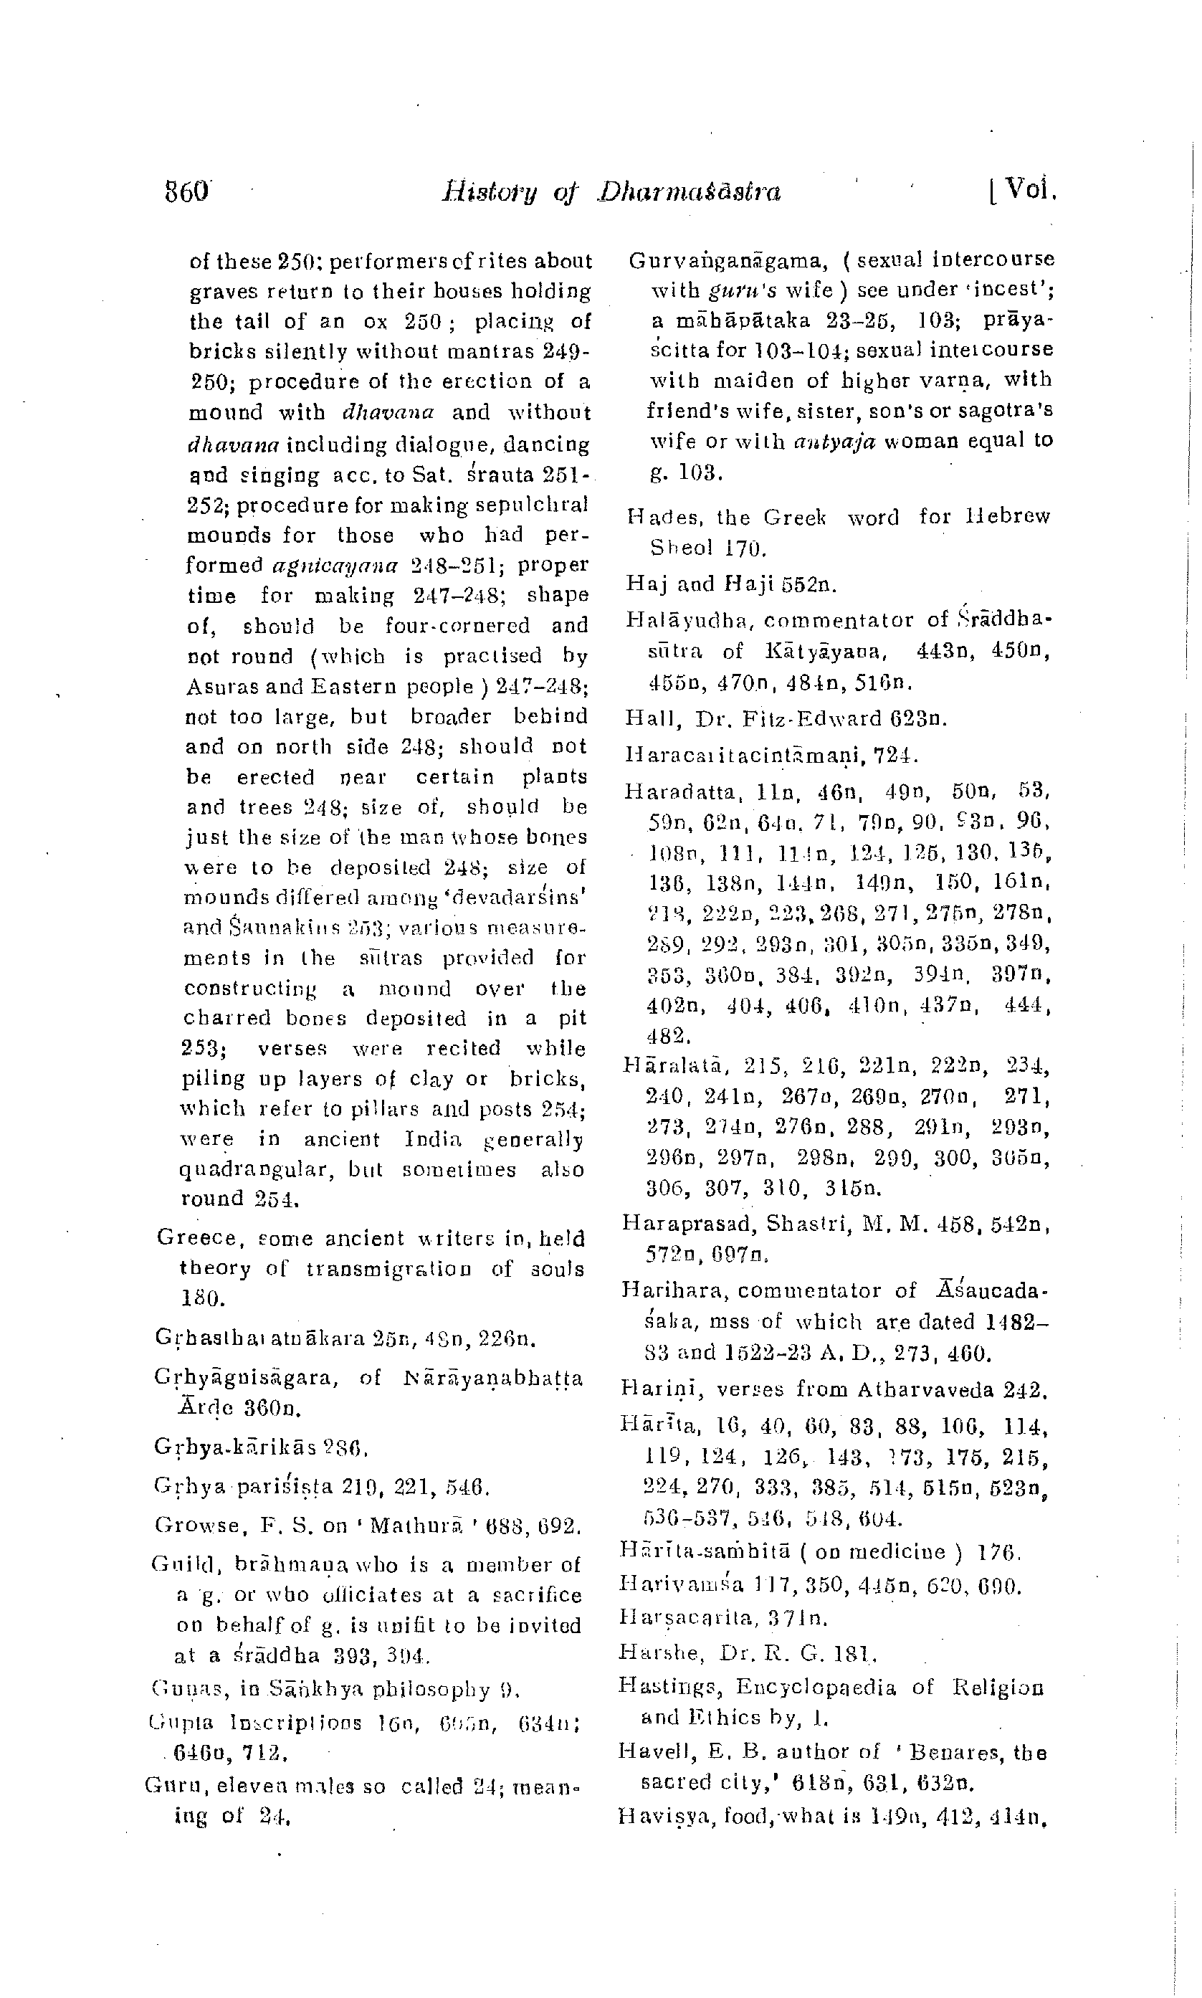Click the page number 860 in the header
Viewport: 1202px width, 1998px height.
[x=187, y=193]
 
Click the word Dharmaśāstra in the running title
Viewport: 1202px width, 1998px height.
[x=690, y=192]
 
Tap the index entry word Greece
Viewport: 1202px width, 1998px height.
[x=195, y=1237]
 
